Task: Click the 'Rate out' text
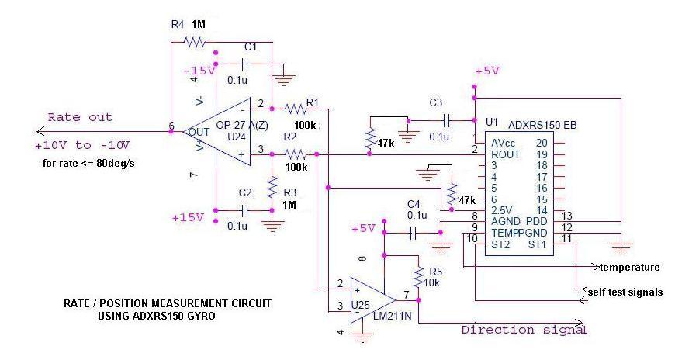click(x=80, y=117)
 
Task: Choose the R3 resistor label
click(x=289, y=192)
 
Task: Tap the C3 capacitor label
click(x=435, y=102)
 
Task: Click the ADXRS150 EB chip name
click(x=542, y=125)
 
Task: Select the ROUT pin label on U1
click(x=504, y=154)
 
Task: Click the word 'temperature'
click(x=629, y=267)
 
